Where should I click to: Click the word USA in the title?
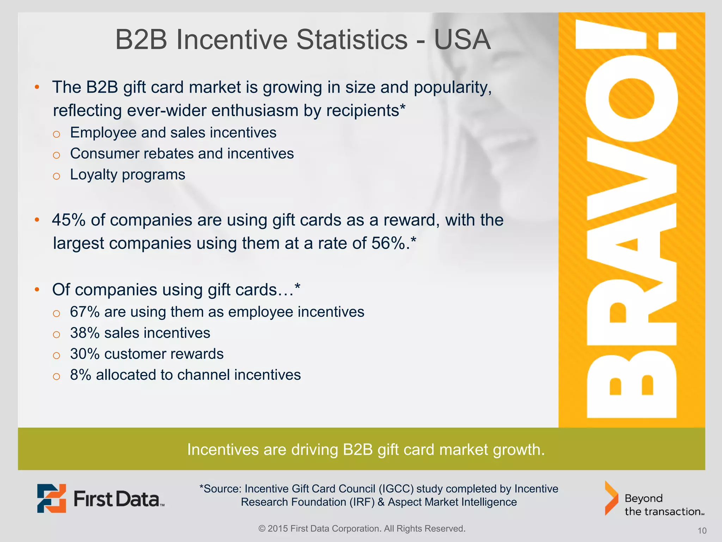pos(462,40)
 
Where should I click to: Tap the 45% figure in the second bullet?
pos(69,220)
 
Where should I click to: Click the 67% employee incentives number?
pos(85,312)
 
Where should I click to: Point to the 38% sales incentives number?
pos(85,333)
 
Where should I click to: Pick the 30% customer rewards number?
pos(85,354)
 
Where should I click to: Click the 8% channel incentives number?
pos(80,375)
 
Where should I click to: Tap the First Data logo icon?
pos(51,498)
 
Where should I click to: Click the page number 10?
pos(702,531)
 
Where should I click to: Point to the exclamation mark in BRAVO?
pos(626,35)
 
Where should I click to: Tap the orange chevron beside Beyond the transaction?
pos(611,498)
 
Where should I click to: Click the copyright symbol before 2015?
pos(262,529)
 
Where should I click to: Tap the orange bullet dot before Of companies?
pos(37,290)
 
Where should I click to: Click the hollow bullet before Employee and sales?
pos(56,134)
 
